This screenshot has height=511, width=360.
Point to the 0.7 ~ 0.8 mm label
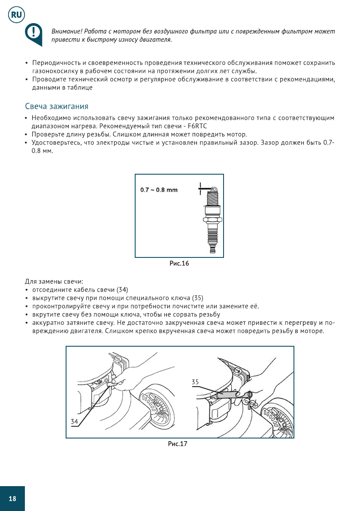[159, 190]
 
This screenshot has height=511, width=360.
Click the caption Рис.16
[179, 263]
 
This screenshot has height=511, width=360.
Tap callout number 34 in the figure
[75, 421]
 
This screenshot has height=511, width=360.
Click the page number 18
[12, 499]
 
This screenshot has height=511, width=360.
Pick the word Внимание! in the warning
[67, 32]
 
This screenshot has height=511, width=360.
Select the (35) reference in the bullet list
[197, 298]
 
